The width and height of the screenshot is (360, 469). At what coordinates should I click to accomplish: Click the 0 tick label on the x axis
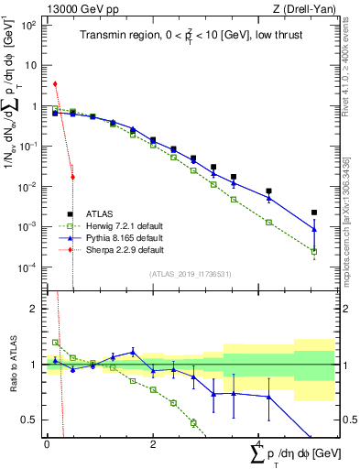click(46, 443)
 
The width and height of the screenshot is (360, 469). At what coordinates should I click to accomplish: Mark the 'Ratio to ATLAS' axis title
click(12, 365)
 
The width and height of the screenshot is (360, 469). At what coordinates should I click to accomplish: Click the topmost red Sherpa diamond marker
click(56, 83)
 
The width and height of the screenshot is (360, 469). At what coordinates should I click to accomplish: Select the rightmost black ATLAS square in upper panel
click(314, 213)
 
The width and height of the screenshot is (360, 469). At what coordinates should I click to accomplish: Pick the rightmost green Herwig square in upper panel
click(314, 252)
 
